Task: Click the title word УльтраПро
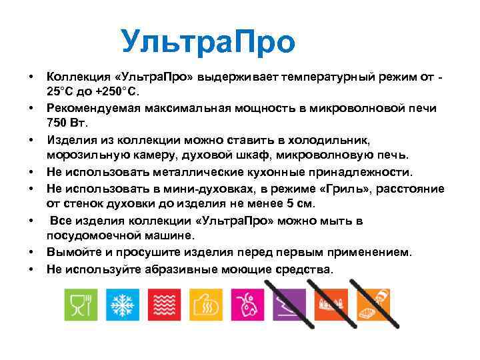click(x=208, y=43)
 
